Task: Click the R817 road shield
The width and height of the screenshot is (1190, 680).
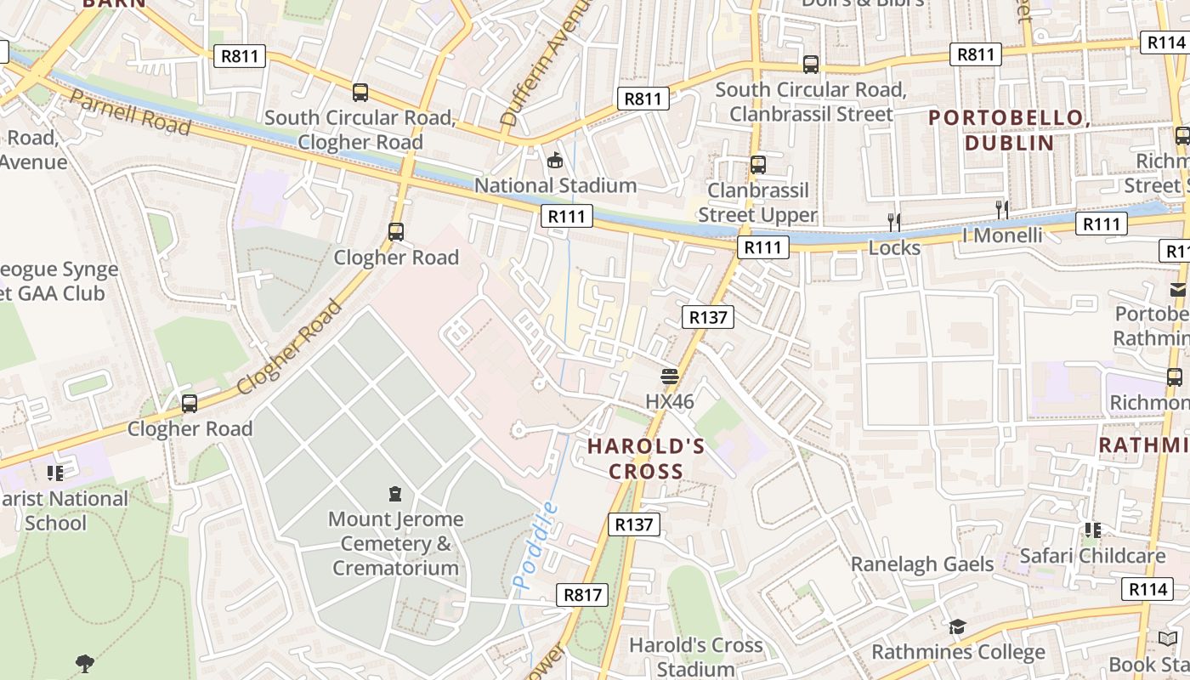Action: point(583,595)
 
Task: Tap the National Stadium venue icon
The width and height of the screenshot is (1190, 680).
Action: point(555,159)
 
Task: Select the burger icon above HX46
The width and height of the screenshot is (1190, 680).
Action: point(670,375)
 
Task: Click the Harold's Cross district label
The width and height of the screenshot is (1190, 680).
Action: point(647,458)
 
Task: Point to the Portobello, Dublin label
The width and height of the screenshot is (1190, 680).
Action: point(1009,130)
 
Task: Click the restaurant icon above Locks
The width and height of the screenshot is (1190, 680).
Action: point(893,222)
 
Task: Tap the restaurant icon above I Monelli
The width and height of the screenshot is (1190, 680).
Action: point(1002,209)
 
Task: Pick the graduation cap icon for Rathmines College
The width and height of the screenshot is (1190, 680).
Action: point(957,627)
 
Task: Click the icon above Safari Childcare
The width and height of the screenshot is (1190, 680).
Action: point(1092,530)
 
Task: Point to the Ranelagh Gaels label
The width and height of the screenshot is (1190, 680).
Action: point(922,564)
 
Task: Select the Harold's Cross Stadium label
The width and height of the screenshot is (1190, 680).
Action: point(695,657)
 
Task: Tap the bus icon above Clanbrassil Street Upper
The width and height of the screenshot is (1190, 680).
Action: point(757,165)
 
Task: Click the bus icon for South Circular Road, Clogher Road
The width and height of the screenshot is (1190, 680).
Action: point(360,93)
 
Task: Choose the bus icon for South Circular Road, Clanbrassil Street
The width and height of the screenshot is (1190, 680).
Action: point(811,65)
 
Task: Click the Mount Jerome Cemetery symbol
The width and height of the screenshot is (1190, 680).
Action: point(394,493)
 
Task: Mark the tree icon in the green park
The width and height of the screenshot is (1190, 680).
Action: point(84,662)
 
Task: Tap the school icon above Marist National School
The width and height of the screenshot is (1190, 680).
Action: point(55,473)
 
